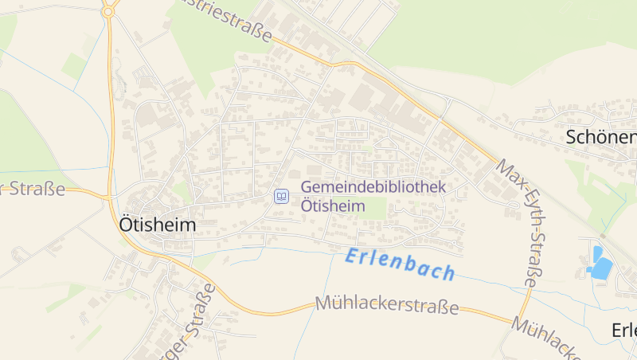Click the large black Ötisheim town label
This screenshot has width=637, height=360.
[x=157, y=225]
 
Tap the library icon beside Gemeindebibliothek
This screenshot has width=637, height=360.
[x=281, y=196]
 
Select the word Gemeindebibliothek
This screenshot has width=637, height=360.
[x=373, y=188]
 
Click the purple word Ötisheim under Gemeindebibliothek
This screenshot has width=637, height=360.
[x=333, y=205]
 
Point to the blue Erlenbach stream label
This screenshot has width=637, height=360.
[x=401, y=264]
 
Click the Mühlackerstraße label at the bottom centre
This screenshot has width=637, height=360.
[x=387, y=305]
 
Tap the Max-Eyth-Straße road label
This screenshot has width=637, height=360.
[x=522, y=222]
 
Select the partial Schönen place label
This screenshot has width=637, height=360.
[x=601, y=137]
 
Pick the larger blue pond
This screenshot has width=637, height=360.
[x=601, y=268]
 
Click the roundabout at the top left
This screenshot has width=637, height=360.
[x=108, y=11]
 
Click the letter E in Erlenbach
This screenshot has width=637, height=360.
[x=352, y=256]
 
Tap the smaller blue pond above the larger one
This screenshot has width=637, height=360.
[x=597, y=252]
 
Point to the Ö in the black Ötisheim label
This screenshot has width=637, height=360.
[x=126, y=224]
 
